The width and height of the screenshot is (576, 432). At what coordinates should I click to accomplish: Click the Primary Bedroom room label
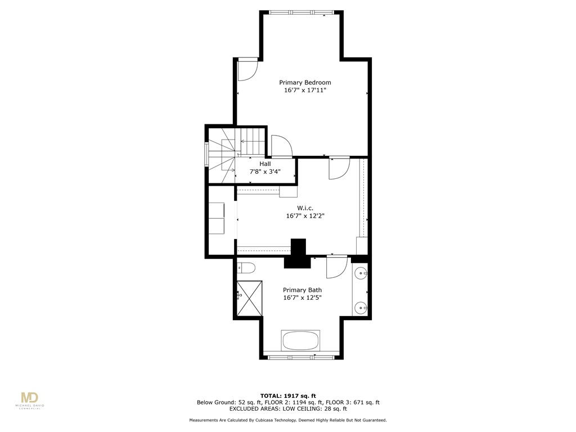[305, 82]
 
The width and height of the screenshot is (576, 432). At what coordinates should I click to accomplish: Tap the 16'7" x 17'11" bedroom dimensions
[305, 90]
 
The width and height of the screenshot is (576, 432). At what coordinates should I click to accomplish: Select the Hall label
[265, 164]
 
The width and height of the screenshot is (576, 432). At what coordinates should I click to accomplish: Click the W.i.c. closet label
[297, 208]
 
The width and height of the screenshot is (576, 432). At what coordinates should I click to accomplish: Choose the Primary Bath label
[302, 290]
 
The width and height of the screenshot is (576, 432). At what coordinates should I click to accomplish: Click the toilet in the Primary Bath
[246, 268]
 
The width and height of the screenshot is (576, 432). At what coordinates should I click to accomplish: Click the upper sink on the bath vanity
[361, 274]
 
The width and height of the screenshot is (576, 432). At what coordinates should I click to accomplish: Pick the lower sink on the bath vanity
[361, 307]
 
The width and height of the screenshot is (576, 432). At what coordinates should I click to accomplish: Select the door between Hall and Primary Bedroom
[281, 146]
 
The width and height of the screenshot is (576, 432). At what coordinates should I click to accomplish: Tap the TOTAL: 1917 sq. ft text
[287, 395]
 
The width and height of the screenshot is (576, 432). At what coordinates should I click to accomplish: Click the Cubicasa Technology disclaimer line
[287, 420]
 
